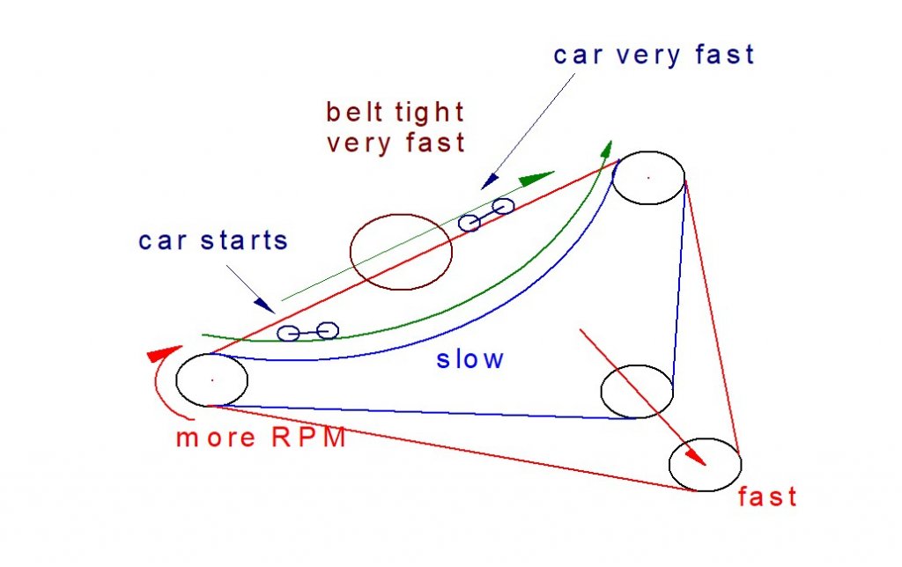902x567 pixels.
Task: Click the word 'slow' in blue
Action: [x=470, y=359]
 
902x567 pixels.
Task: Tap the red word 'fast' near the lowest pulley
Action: [x=767, y=497]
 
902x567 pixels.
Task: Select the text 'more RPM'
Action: [x=261, y=438]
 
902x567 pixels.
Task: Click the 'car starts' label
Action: [x=213, y=240]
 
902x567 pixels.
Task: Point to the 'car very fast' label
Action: [x=654, y=55]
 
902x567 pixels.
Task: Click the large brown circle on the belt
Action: [x=401, y=215]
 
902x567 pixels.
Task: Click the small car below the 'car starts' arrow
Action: [x=307, y=332]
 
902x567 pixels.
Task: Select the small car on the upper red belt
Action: [x=486, y=215]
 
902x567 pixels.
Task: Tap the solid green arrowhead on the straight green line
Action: [x=536, y=178]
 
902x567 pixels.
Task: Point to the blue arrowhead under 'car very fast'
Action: [x=490, y=181]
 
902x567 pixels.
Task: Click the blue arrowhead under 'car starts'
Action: [x=264, y=306]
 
